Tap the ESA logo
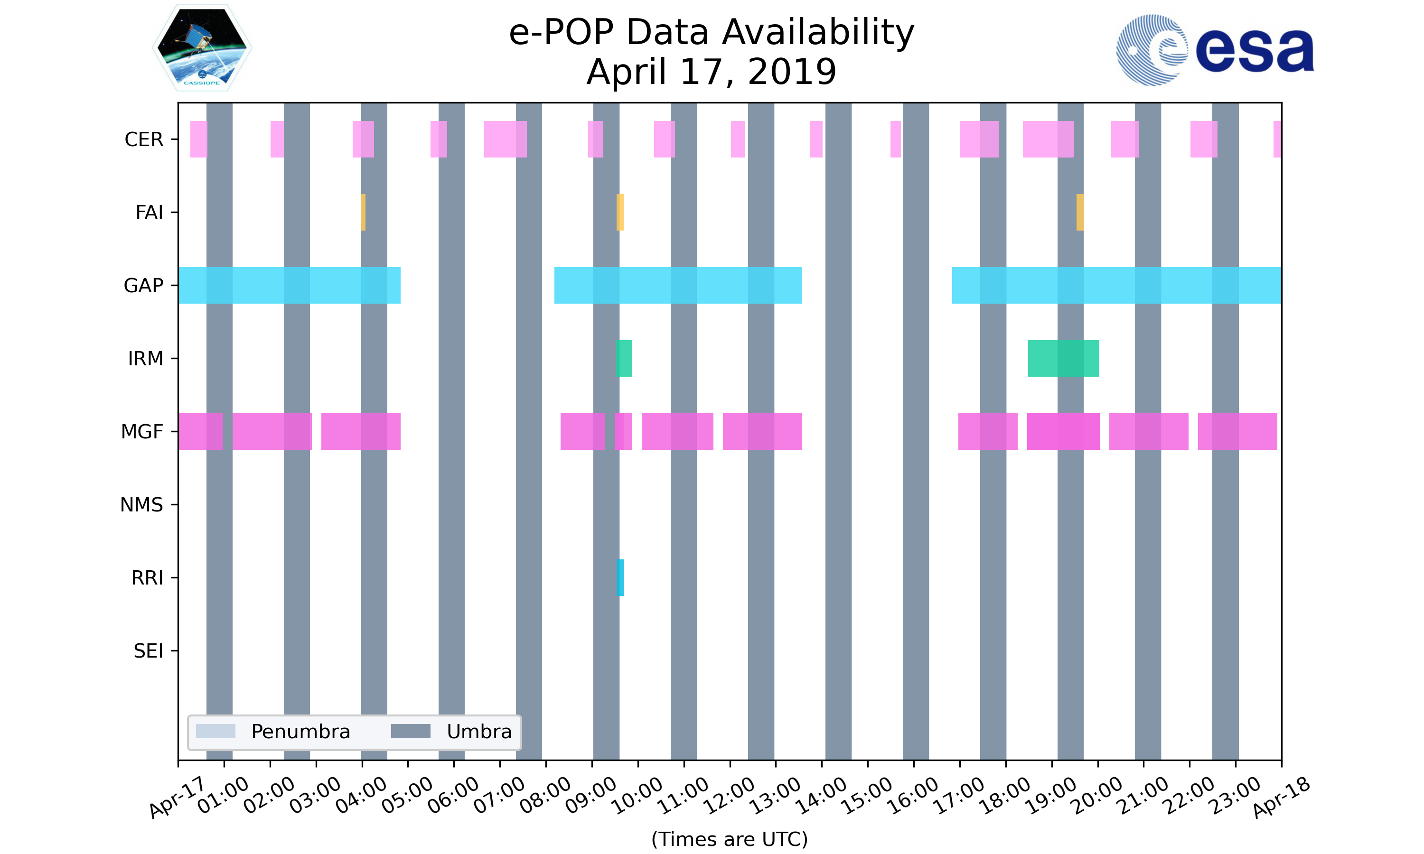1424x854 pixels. click(1215, 50)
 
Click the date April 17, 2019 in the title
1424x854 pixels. click(712, 72)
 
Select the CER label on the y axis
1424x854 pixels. click(144, 139)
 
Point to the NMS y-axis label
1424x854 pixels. click(141, 505)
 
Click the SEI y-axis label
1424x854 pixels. click(149, 651)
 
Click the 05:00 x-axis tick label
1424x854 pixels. click(407, 796)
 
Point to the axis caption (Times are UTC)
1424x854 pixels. click(729, 839)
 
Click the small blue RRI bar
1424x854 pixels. click(620, 577)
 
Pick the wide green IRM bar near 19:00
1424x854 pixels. click(1063, 359)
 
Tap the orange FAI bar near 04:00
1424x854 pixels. click(363, 213)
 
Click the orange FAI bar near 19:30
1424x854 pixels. click(1080, 213)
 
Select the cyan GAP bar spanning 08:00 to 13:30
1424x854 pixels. click(677, 286)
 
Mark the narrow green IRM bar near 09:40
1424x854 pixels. click(624, 359)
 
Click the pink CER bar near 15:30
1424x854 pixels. click(895, 139)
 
